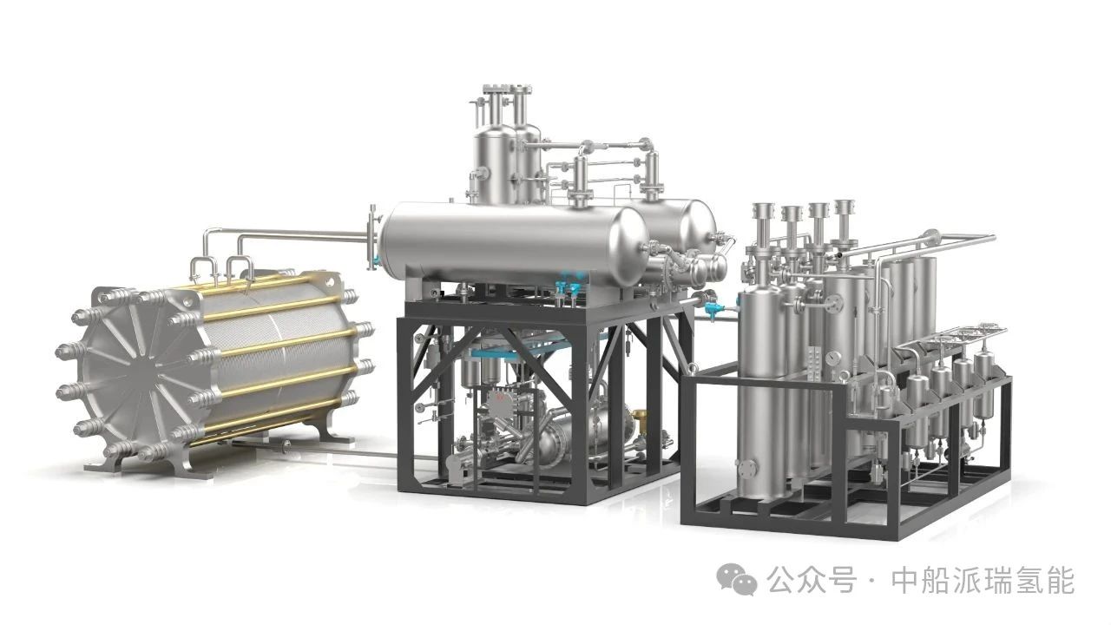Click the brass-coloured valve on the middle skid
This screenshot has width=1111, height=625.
(x=639, y=415)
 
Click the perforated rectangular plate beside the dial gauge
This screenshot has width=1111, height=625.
(x=813, y=363)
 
